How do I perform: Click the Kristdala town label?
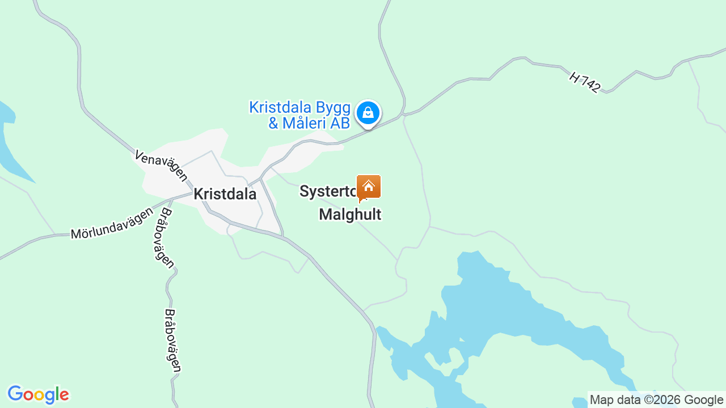[x=225, y=194]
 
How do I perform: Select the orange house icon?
[x=369, y=186]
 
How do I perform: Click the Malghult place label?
[x=350, y=214]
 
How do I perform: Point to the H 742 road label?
[x=584, y=83]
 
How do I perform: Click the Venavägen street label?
[x=161, y=165]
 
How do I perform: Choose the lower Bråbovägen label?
[x=172, y=340]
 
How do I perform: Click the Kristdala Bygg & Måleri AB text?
[x=299, y=115]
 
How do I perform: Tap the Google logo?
[x=38, y=394]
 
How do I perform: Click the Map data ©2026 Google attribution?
[x=656, y=400]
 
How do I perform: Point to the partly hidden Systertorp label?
[x=328, y=192]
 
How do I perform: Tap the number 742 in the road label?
[x=589, y=86]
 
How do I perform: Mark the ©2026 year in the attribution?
[x=662, y=400]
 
